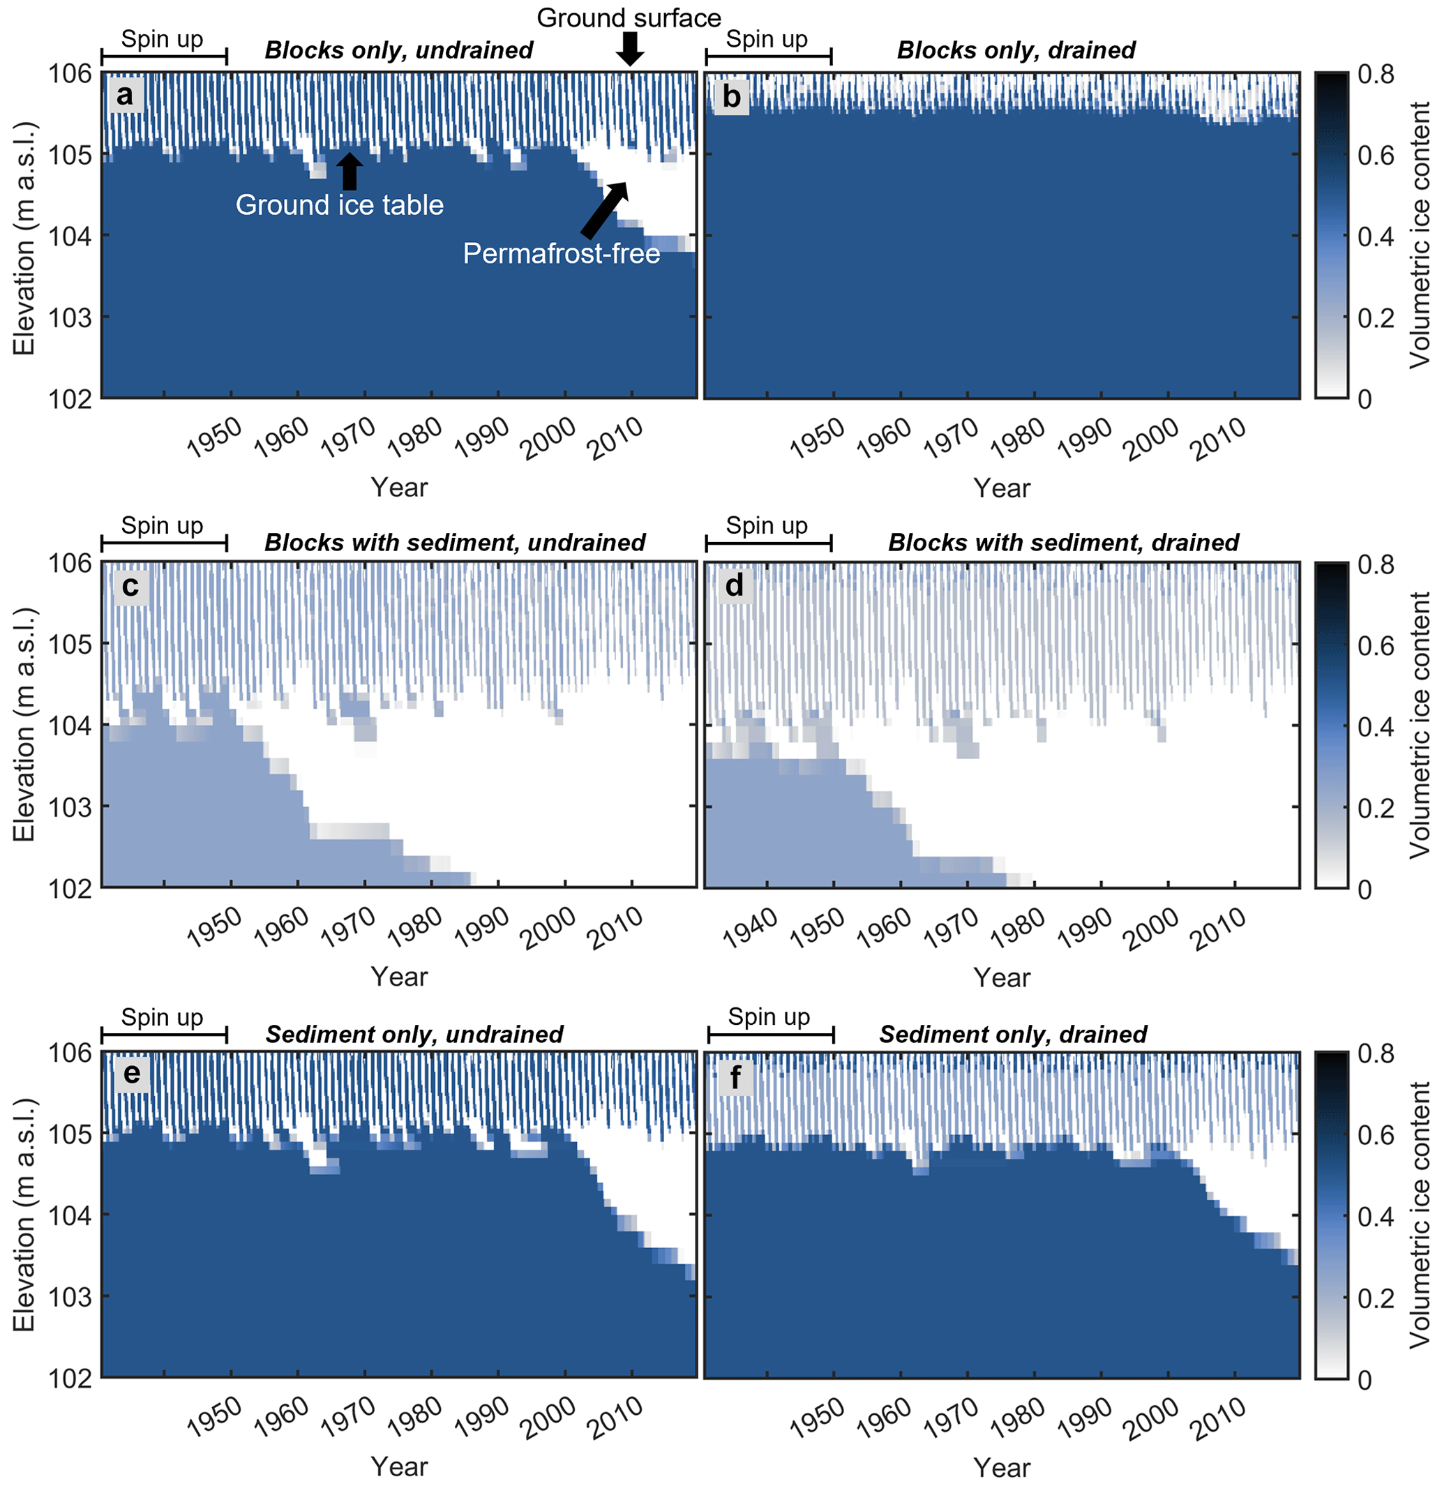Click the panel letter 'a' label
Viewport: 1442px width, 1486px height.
tap(125, 96)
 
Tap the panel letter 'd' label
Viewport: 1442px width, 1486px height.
tap(734, 585)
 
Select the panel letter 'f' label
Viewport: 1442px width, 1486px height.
tap(734, 1076)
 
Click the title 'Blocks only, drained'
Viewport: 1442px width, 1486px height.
tap(1016, 50)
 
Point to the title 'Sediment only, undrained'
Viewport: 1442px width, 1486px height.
tap(414, 1034)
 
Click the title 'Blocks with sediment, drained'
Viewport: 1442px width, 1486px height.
tap(1063, 543)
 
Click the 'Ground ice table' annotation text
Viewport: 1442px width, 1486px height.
tap(339, 204)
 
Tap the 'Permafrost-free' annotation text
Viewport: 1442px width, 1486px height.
tap(561, 253)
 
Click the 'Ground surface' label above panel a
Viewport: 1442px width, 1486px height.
tap(629, 17)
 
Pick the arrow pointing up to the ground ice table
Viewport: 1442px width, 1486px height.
tap(350, 171)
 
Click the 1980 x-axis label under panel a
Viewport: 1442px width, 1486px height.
tap(414, 438)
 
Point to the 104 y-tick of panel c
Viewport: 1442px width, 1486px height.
tap(70, 726)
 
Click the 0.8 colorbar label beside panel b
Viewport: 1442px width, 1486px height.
tap(1375, 74)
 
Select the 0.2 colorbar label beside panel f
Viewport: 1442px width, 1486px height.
tap(1375, 1299)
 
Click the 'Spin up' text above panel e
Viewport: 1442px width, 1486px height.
tap(163, 1016)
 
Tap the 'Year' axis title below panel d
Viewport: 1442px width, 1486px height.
tap(1002, 977)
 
